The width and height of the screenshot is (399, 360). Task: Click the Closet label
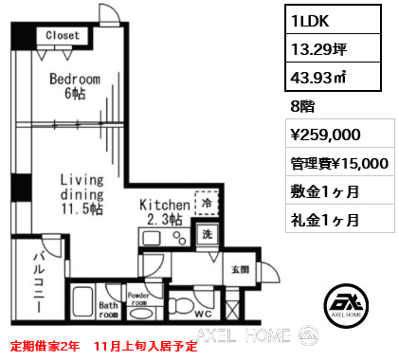click(x=63, y=35)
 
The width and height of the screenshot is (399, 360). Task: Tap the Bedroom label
click(x=75, y=79)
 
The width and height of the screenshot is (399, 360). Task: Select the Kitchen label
click(x=165, y=205)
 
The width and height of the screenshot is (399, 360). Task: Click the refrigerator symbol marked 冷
click(x=207, y=203)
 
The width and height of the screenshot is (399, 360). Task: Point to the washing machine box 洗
click(x=208, y=235)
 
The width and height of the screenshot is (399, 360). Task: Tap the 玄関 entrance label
click(x=241, y=270)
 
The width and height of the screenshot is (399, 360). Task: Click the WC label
click(x=203, y=314)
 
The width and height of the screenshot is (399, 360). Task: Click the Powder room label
click(x=138, y=298)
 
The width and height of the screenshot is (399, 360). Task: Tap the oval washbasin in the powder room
click(x=142, y=314)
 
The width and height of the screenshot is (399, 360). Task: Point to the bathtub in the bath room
click(x=82, y=302)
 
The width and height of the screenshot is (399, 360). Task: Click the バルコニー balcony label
click(x=39, y=282)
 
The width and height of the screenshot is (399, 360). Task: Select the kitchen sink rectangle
click(x=152, y=238)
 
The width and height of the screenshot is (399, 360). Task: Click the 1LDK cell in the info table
click(x=333, y=20)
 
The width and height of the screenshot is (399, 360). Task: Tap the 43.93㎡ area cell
click(x=333, y=77)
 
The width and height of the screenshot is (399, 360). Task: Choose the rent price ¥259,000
click(x=325, y=135)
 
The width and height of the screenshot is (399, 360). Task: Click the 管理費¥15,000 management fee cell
click(x=340, y=163)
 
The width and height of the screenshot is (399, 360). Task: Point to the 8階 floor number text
click(x=302, y=106)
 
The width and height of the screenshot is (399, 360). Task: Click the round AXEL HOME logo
click(x=347, y=305)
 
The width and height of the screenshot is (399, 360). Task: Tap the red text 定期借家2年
click(x=45, y=346)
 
